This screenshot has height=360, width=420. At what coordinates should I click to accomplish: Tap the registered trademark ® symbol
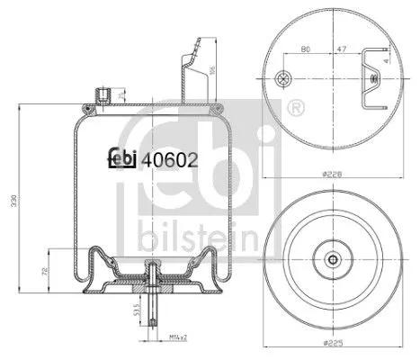295,110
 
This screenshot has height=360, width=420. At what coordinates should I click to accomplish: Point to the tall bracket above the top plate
189,72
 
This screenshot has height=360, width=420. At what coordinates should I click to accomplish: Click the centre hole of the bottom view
335,262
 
